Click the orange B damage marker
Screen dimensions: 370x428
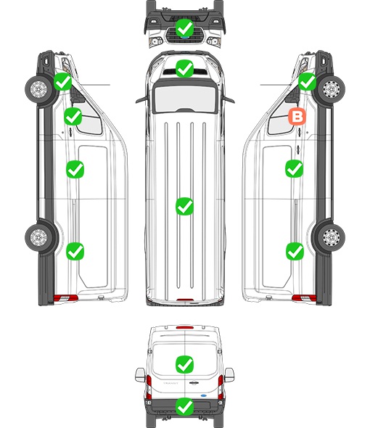297,117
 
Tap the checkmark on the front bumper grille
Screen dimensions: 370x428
184,28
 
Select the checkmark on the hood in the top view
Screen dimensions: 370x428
184,68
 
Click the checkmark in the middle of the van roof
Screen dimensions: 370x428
184,206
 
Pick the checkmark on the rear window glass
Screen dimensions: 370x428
184,364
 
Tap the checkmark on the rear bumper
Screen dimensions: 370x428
184,407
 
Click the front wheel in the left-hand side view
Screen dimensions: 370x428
39,89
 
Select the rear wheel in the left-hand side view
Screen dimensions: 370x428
39,237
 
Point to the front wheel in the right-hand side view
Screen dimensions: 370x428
331,89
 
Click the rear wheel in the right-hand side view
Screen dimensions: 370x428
331,237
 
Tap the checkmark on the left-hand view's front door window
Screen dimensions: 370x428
73,116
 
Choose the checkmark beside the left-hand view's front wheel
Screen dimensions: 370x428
62,82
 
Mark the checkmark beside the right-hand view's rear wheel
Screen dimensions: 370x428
295,252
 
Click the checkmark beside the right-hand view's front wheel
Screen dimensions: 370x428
307,82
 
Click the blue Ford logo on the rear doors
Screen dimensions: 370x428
203,395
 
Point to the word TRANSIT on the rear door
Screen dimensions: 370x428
170,383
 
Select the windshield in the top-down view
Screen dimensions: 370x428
185,97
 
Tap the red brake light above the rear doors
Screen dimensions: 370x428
185,327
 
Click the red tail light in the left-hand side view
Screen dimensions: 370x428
65,298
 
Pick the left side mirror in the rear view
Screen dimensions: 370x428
140,375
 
